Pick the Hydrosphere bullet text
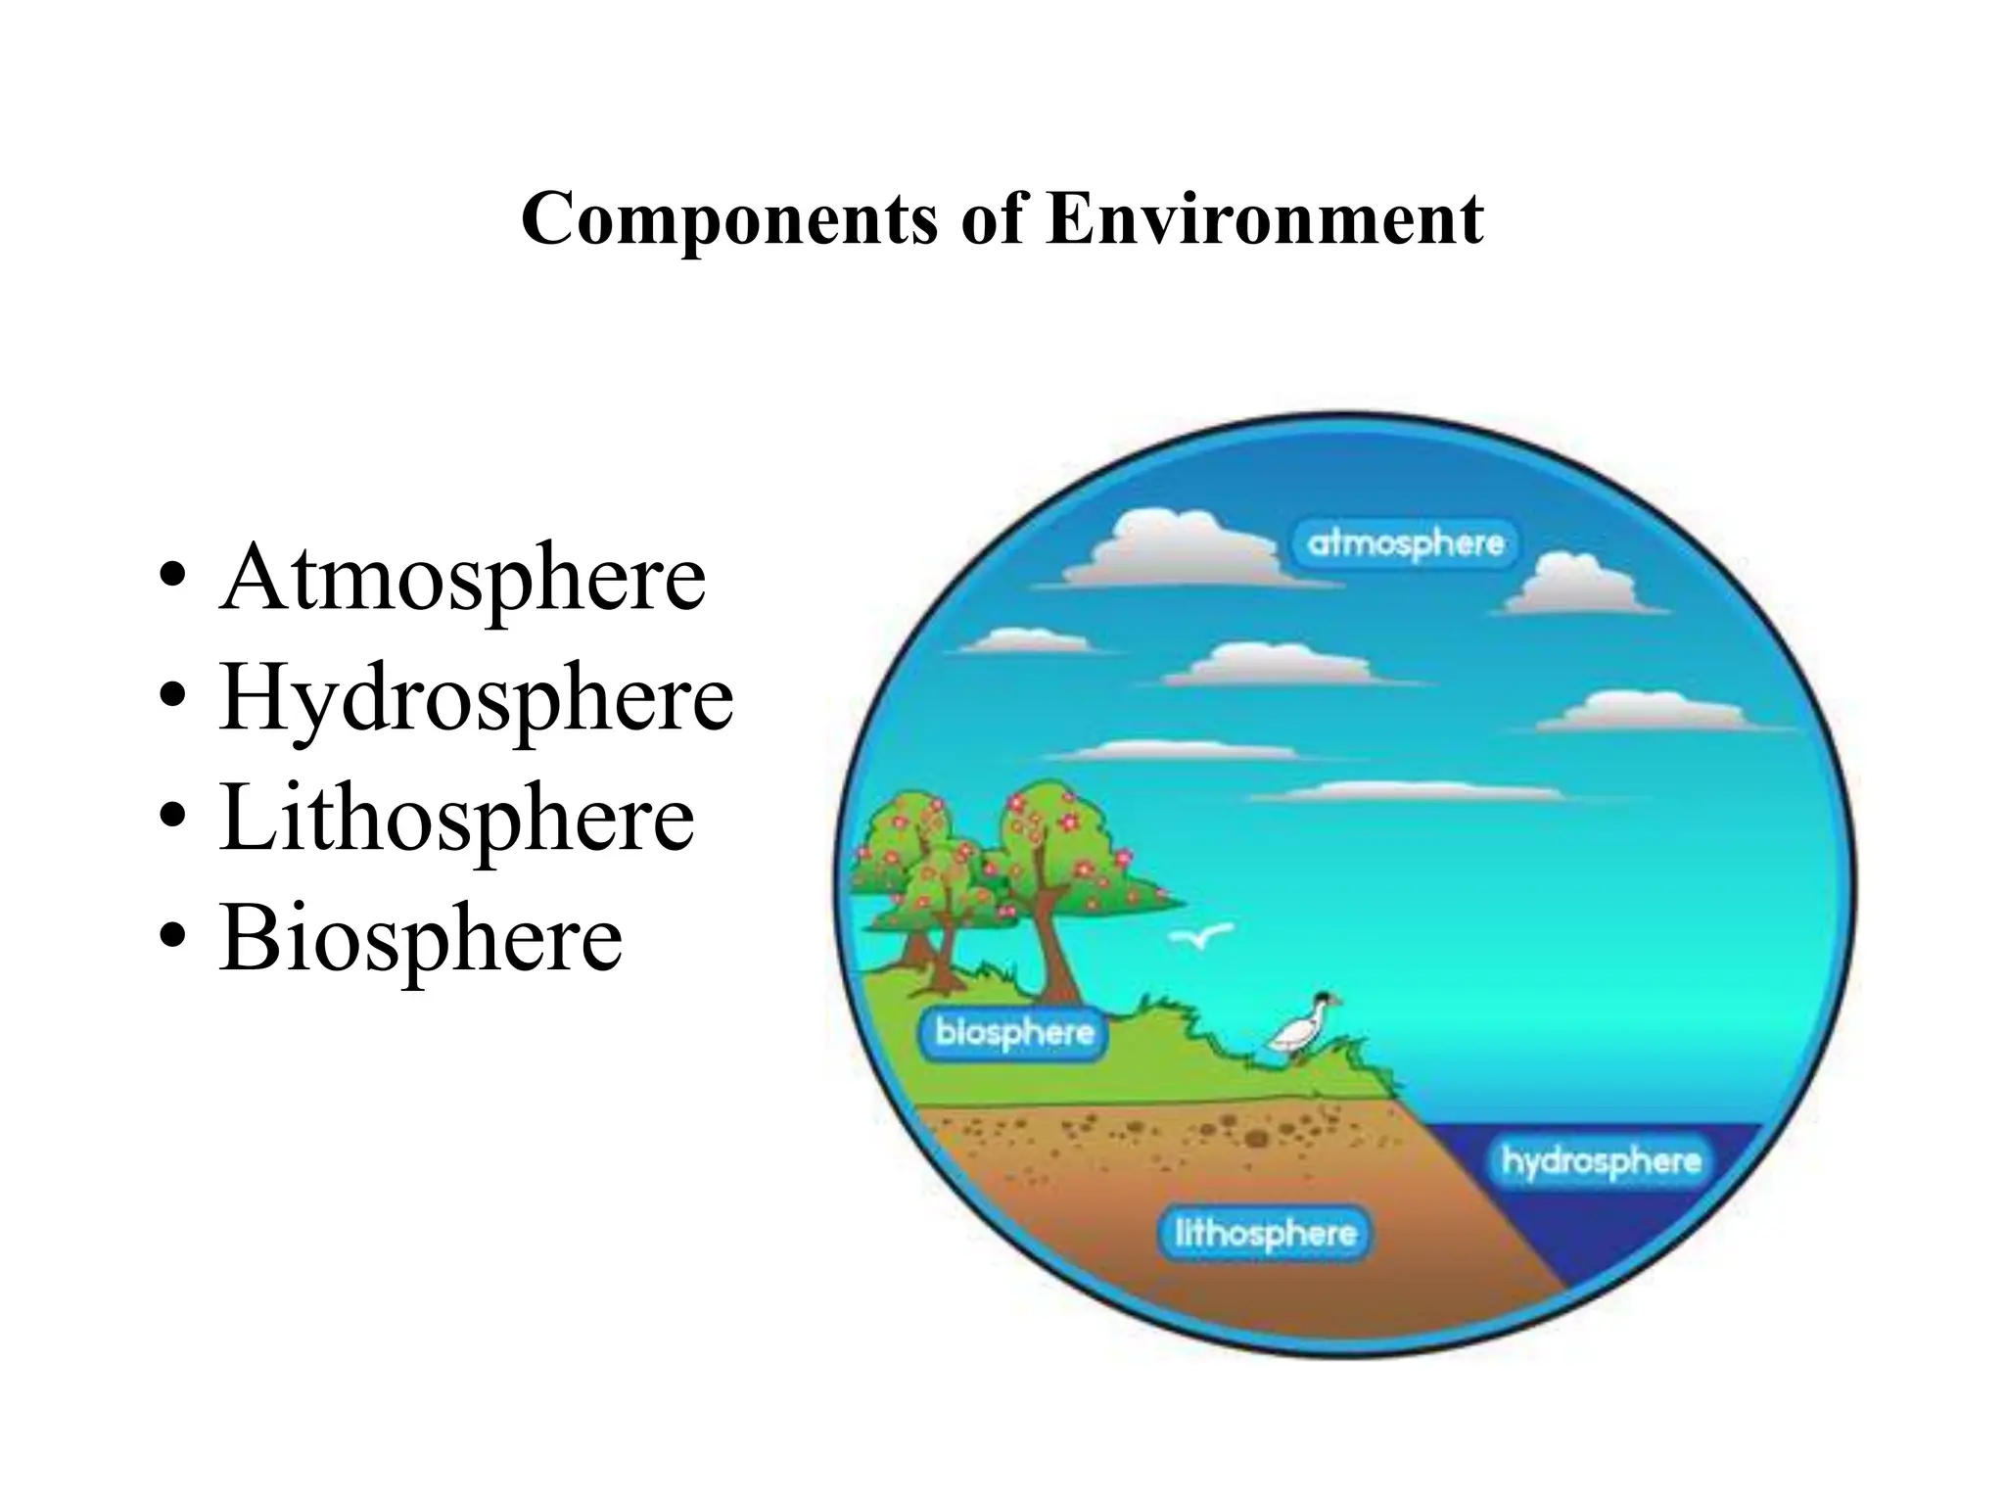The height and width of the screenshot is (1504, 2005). click(476, 698)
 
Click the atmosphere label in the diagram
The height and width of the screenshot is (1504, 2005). click(1406, 543)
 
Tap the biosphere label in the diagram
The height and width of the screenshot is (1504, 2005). click(1014, 1032)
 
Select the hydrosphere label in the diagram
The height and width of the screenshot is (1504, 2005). click(1601, 1161)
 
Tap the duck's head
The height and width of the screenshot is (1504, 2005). click(1325, 1000)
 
